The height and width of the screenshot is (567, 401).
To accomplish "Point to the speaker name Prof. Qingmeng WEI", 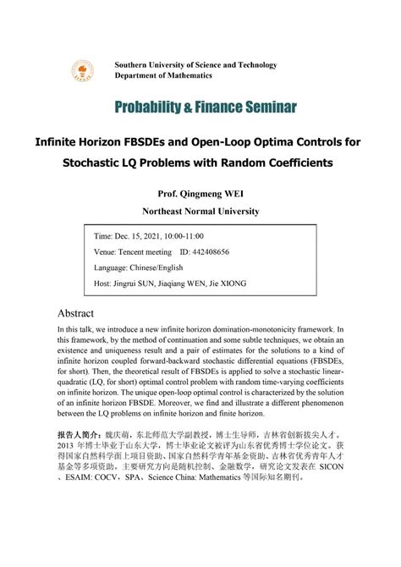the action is (200, 192).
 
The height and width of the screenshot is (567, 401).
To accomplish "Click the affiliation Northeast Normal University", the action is (200, 211).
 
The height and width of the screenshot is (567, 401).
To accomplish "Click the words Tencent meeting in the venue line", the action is (144, 251).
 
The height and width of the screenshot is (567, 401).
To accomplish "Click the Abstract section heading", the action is (80, 312).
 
